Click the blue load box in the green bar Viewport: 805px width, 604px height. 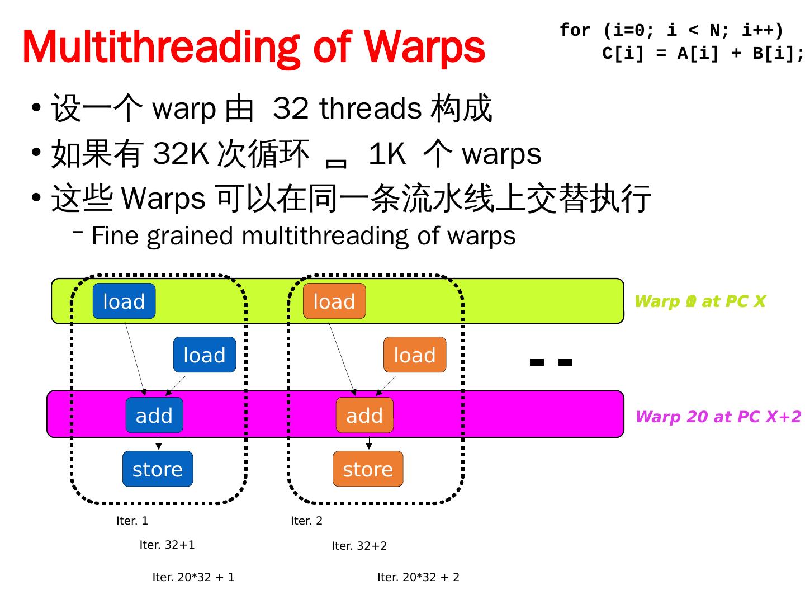(x=124, y=301)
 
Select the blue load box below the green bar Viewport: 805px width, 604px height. (x=205, y=355)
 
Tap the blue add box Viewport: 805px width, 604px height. (x=154, y=416)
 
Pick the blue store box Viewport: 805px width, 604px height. (x=158, y=469)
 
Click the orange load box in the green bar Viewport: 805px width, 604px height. (x=334, y=301)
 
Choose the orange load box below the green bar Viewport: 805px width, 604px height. (x=415, y=355)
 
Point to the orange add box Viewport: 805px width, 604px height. (x=364, y=416)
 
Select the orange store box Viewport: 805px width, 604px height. (x=368, y=469)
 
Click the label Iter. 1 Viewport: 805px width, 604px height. (x=132, y=521)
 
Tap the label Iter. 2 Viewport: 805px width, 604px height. (x=306, y=521)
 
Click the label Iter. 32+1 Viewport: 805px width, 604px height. (x=167, y=545)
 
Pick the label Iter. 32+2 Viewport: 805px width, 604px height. (x=359, y=546)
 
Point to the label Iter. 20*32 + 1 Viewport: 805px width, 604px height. (x=193, y=578)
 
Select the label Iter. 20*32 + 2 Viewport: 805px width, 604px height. (x=418, y=578)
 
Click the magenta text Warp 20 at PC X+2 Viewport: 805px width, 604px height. (x=718, y=417)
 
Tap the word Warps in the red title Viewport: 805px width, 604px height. (x=424, y=48)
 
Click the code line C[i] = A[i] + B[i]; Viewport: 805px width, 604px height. (x=703, y=54)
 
